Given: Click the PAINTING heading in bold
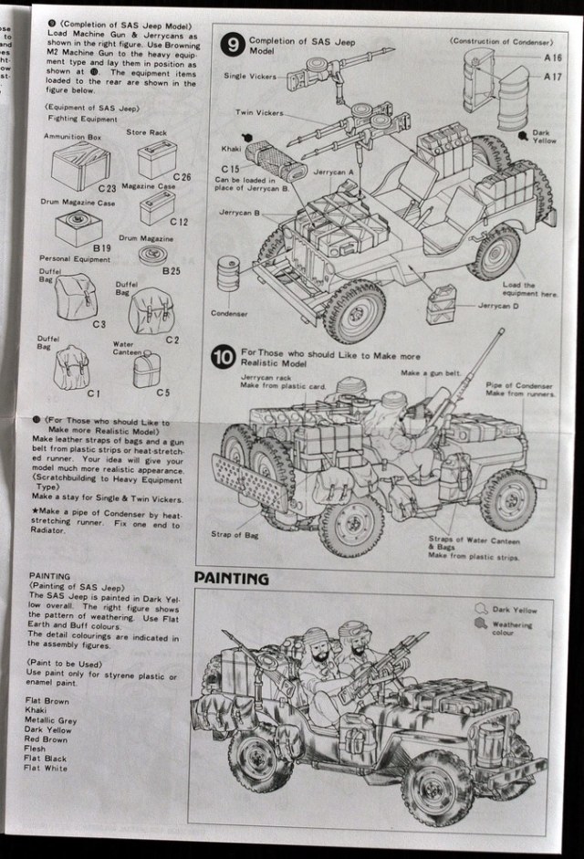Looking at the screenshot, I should tap(232, 578).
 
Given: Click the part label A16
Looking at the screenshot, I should tap(552, 57).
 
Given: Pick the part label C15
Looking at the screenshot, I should tap(229, 169).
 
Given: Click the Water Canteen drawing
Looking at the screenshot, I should tap(144, 370).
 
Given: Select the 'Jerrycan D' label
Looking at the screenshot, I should tap(499, 305).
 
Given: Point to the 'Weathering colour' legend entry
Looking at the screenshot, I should tap(512, 628).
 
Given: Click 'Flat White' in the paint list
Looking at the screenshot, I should tap(46, 769).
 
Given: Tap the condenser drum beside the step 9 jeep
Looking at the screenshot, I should tap(229, 274).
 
